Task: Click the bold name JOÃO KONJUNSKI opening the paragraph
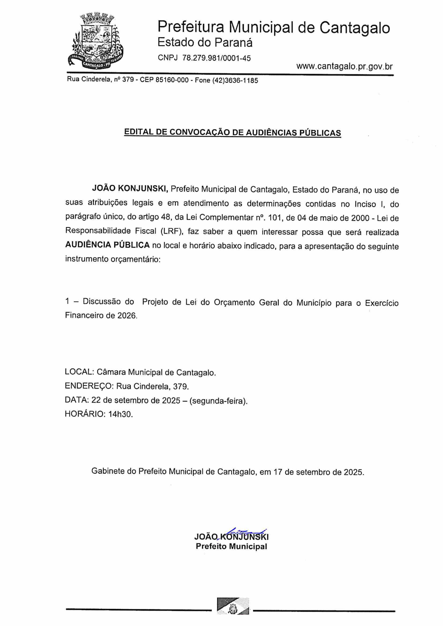pos(130,188)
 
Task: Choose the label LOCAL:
pos(79,372)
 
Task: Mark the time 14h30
pos(120,414)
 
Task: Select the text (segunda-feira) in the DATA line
pos(218,400)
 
